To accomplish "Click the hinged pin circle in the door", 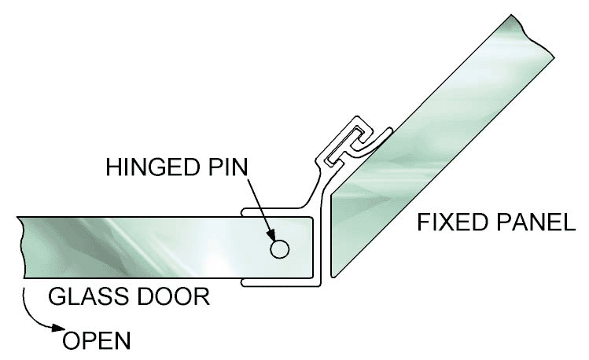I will pyautogui.click(x=279, y=249).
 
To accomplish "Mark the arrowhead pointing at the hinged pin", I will pyautogui.click(x=273, y=238).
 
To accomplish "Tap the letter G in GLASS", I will pyautogui.click(x=56, y=297).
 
